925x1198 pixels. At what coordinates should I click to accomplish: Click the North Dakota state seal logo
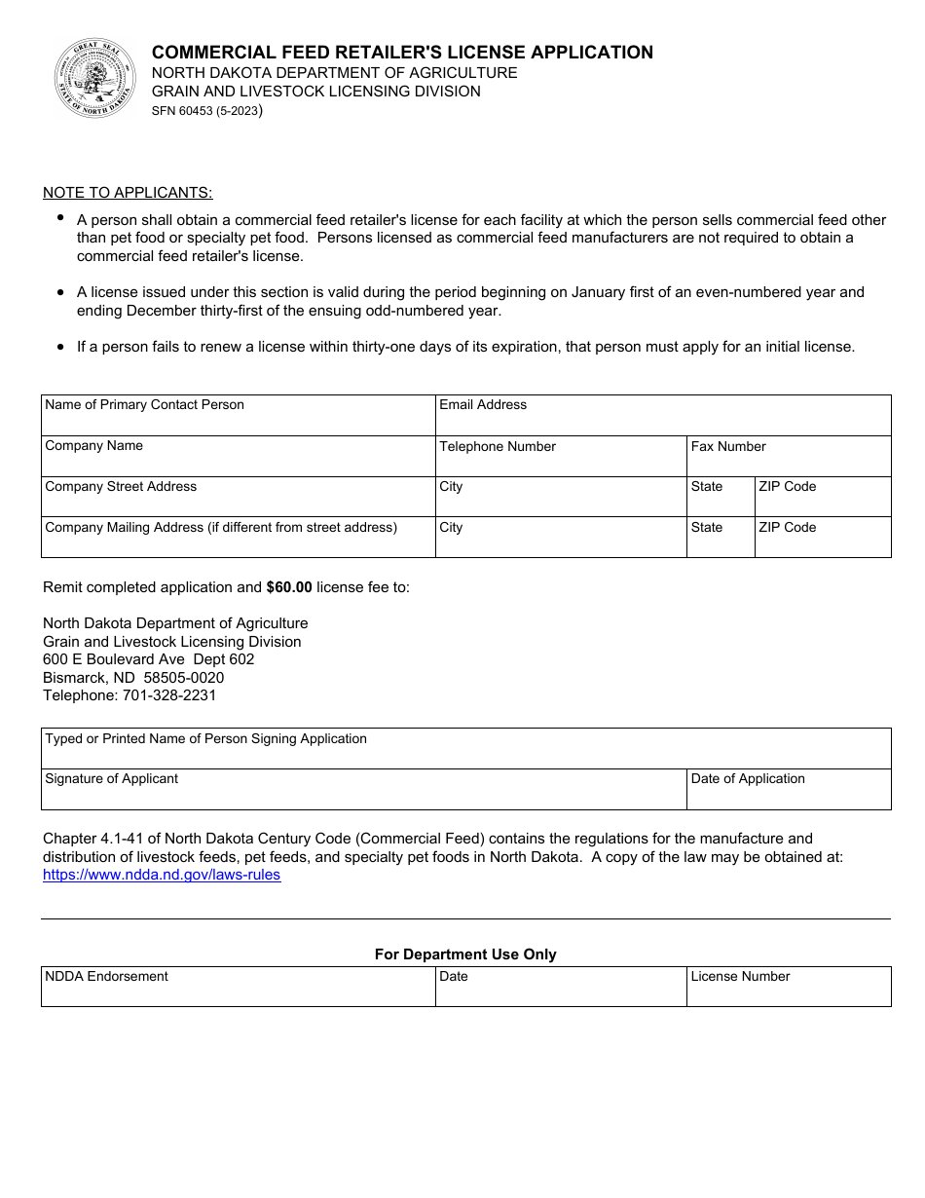click(x=94, y=78)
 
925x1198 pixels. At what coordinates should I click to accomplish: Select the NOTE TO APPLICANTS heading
click(x=128, y=192)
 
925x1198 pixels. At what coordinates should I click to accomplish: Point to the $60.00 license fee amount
click(x=289, y=587)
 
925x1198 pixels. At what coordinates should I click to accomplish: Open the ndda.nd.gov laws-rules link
click(x=162, y=875)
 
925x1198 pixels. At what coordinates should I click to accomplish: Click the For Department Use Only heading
click(x=465, y=955)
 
